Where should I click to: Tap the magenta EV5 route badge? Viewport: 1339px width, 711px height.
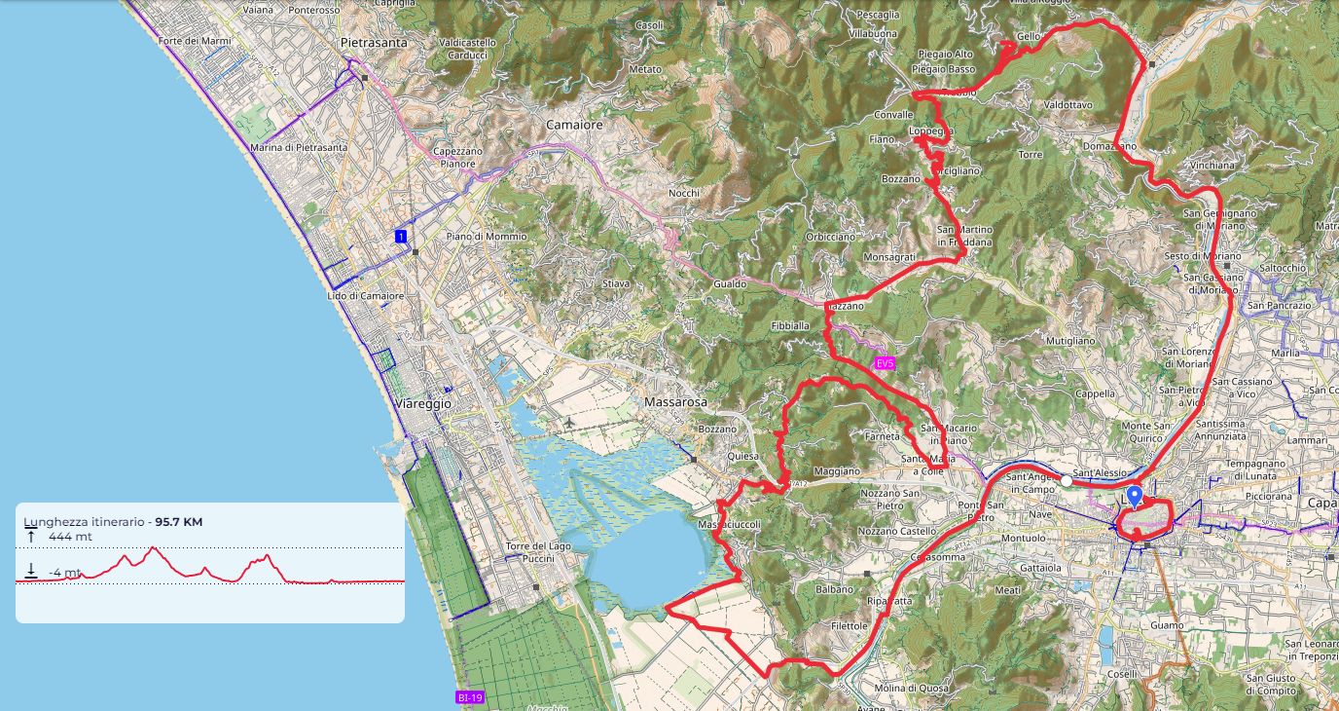884,363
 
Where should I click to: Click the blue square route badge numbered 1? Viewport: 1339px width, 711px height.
400,237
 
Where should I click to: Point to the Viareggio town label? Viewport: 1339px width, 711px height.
424,403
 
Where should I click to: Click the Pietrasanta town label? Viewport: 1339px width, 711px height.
374,43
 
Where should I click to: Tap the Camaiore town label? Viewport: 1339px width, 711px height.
574,125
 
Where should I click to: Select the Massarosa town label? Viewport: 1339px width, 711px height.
673,401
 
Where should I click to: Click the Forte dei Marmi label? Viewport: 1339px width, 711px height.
187,40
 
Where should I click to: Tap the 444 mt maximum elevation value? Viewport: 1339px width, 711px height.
70,537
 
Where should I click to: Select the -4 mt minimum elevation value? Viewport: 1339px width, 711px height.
65,573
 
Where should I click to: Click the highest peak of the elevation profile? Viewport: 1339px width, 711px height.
153,548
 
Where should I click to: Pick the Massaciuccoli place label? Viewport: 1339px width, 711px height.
729,525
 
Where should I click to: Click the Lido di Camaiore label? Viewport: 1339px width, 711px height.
365,295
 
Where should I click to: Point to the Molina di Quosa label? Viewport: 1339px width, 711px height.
911,690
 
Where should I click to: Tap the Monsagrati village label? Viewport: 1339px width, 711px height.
889,257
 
